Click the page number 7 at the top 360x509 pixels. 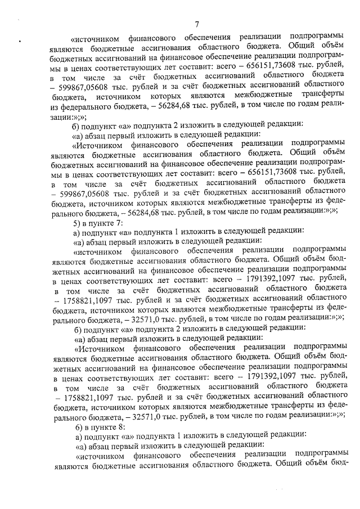click(197, 23)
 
